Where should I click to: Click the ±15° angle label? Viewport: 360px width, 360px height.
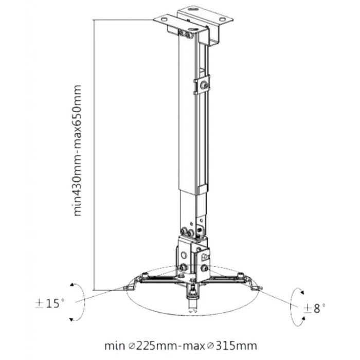tap(50, 303)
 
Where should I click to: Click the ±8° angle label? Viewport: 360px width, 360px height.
tap(314, 308)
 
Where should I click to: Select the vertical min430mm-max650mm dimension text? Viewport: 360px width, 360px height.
tap(78, 150)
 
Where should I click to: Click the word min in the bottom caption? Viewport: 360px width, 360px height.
tap(115, 346)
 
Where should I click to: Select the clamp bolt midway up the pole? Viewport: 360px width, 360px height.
tap(204, 85)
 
